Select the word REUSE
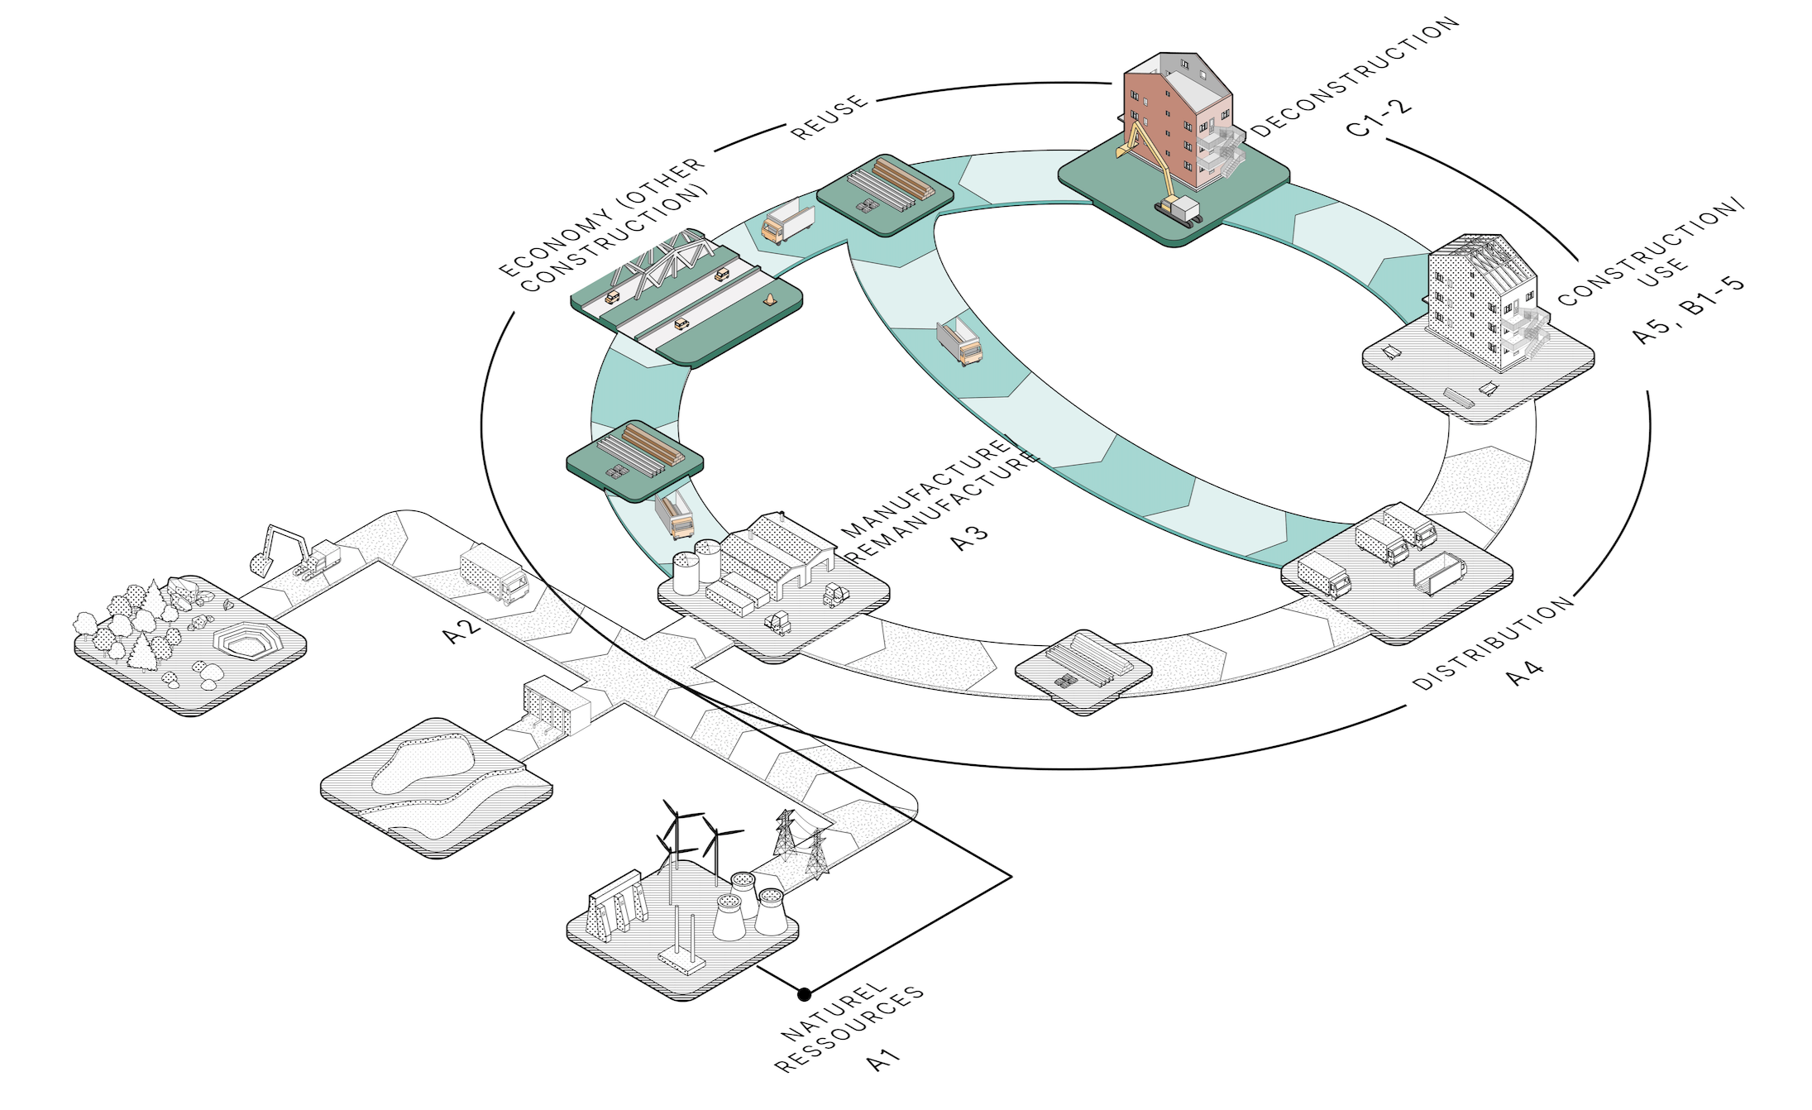[x=830, y=117]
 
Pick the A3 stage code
[x=969, y=536]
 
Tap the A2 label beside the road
[x=461, y=630]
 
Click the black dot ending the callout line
[x=804, y=993]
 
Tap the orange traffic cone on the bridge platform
[x=770, y=299]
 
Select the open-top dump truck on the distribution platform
[x=1439, y=573]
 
